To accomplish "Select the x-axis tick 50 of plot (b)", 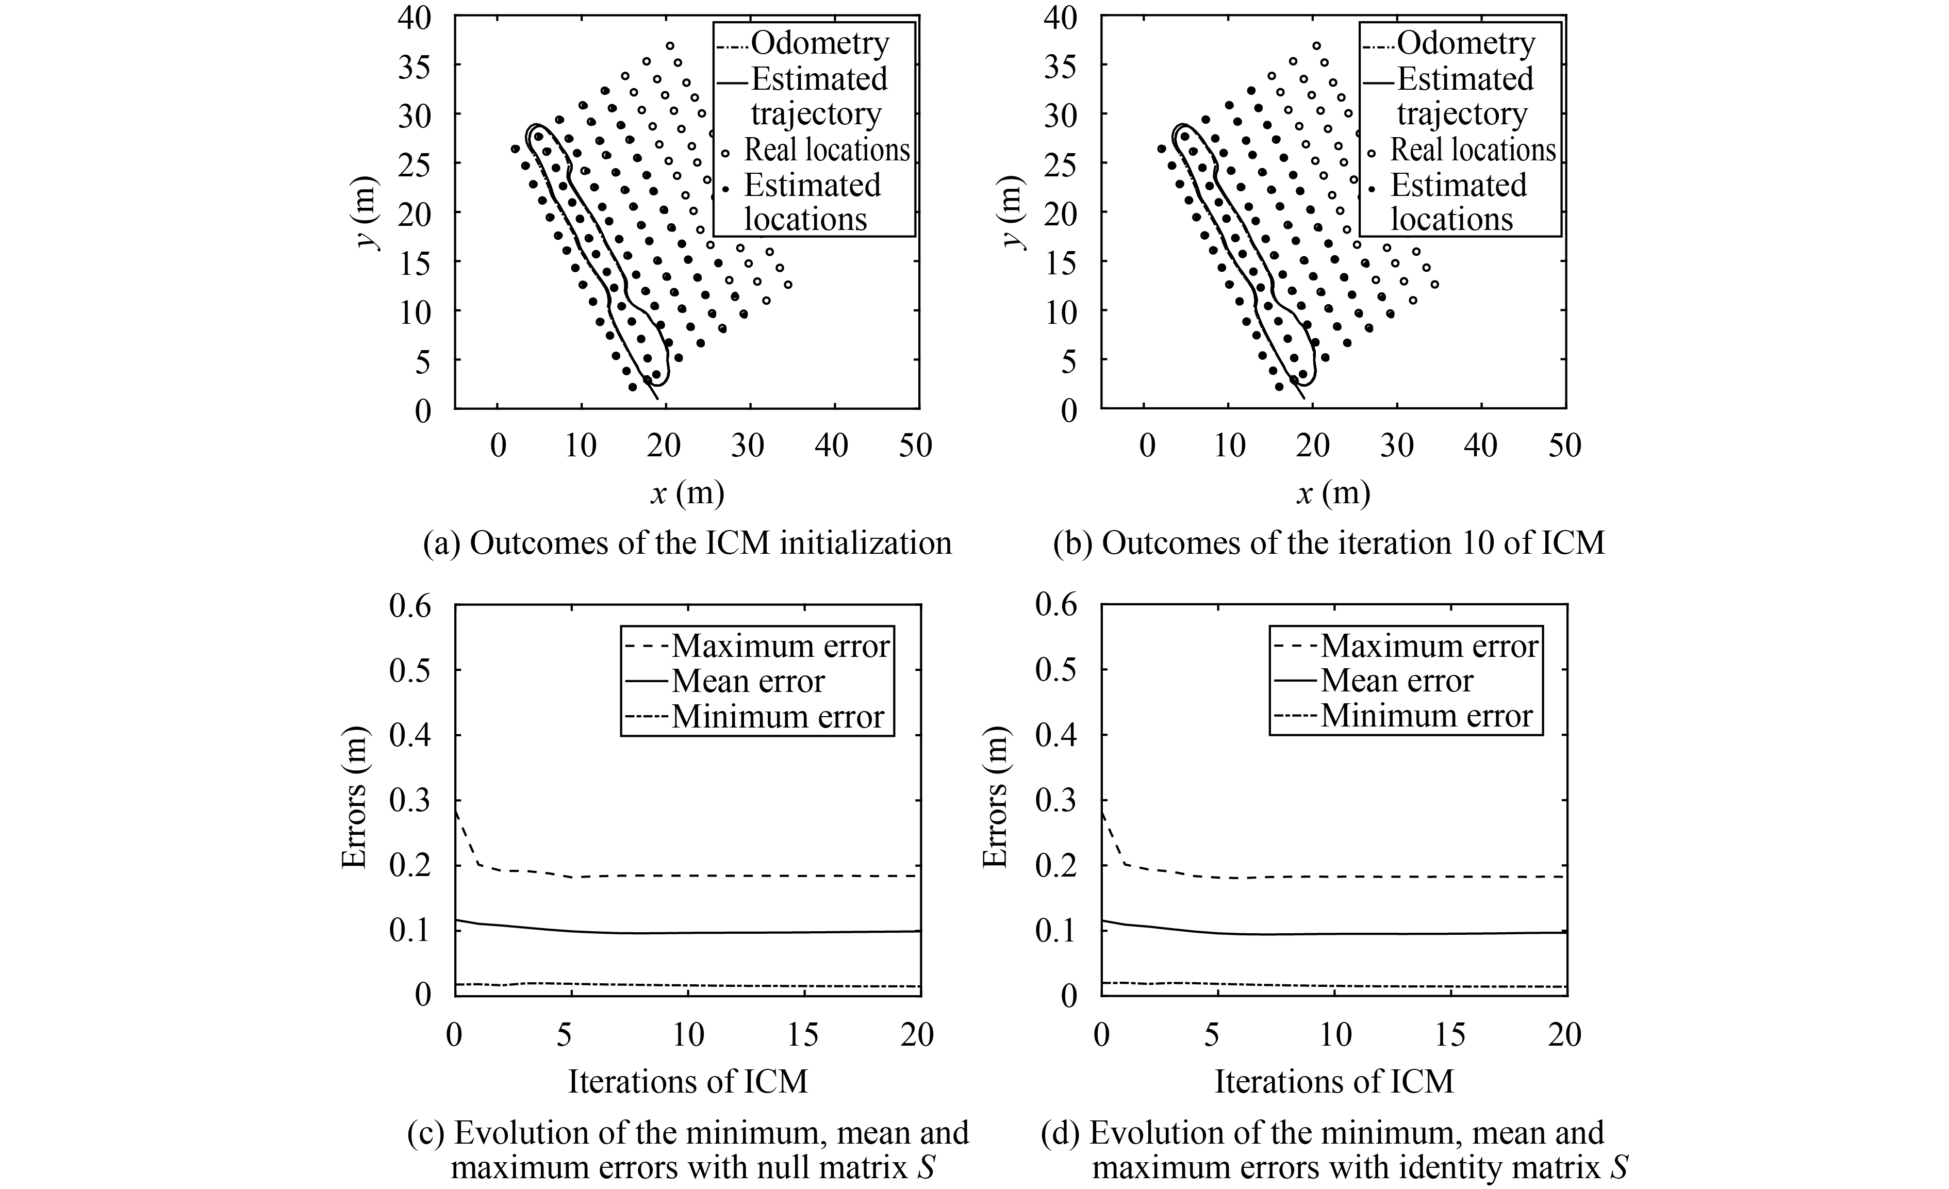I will click(1564, 445).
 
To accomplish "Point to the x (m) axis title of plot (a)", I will click(687, 493).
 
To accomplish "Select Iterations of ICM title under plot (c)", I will click(687, 1081).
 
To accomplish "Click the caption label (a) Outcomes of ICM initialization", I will click(687, 543).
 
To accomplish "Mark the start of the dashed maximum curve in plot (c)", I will click(456, 812).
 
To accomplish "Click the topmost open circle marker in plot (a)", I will click(670, 46).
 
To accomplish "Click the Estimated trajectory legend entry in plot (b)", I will click(1463, 96).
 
